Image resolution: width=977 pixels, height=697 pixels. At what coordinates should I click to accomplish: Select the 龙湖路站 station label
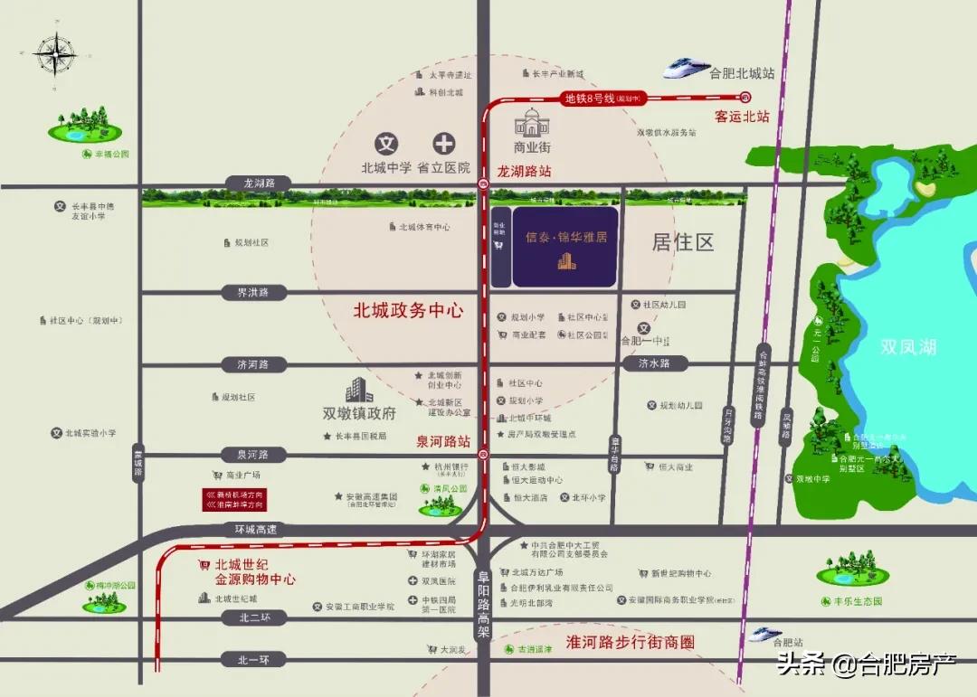tap(524, 171)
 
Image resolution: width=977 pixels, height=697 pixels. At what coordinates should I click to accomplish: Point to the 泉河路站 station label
tap(443, 442)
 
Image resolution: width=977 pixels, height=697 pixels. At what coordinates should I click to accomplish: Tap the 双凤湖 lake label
tap(908, 347)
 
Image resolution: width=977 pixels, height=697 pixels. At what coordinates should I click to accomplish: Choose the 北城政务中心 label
tap(408, 310)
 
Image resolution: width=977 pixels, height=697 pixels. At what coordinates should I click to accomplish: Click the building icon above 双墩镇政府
tap(359, 390)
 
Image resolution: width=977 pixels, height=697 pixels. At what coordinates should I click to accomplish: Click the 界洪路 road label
tap(253, 293)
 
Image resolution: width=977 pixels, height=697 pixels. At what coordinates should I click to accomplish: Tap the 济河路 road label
tap(253, 365)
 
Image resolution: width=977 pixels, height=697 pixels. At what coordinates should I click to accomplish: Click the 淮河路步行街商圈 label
tap(630, 643)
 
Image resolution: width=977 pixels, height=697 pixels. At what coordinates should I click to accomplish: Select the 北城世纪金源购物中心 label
tap(255, 571)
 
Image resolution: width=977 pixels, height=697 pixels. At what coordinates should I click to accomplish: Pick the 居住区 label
tap(683, 242)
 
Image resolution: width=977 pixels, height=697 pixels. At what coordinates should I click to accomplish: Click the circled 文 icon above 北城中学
tap(386, 143)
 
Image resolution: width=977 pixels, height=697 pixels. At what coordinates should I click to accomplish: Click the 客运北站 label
tap(742, 117)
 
